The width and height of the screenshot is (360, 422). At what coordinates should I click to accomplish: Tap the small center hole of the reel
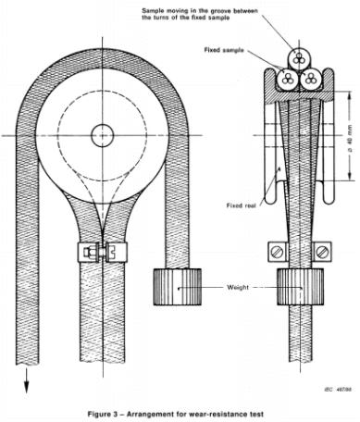click(x=101, y=136)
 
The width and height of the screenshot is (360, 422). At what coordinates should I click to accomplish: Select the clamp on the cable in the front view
click(x=101, y=251)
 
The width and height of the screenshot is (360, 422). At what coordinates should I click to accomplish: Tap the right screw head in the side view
click(x=321, y=250)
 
